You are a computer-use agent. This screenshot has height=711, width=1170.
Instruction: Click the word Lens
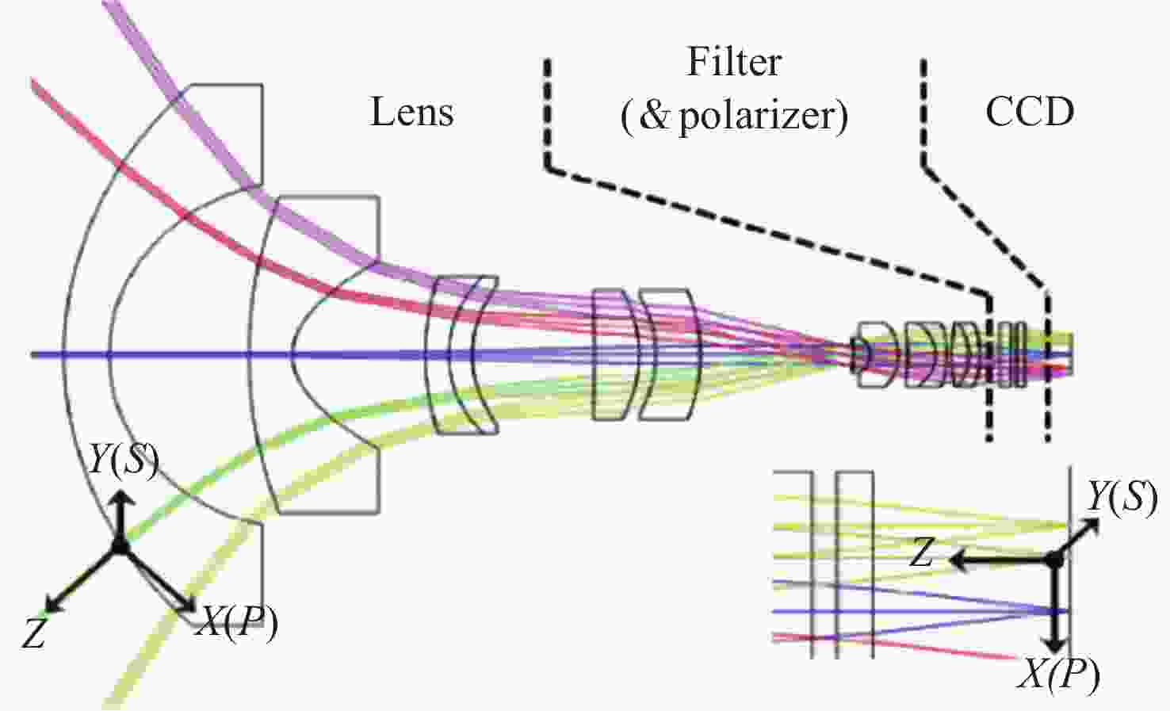[x=412, y=112]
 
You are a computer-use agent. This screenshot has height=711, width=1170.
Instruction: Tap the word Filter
[x=734, y=63]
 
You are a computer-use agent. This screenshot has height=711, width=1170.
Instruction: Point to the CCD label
[x=1030, y=112]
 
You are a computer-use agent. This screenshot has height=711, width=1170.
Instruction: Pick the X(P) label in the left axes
[x=237, y=622]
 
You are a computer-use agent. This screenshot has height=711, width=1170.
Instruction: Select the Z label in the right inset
[x=921, y=552]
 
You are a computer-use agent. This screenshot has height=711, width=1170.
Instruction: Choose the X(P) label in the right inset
[x=1059, y=675]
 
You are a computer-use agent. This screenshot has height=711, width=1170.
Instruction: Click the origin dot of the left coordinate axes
[x=120, y=546]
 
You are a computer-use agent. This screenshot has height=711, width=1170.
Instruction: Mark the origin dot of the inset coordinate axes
[x=1053, y=560]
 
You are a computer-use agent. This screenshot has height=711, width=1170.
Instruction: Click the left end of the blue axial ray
[x=33, y=354]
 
